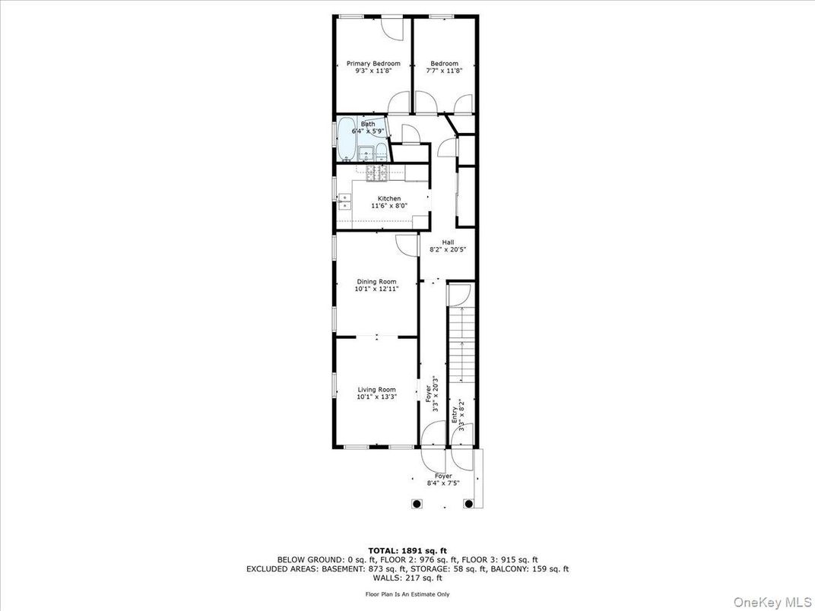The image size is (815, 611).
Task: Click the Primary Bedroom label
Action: click(x=373, y=63)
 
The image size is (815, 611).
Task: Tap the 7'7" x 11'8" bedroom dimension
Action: click(x=444, y=71)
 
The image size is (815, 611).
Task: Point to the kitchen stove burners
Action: click(x=376, y=174)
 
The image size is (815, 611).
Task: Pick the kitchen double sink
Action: click(x=344, y=201)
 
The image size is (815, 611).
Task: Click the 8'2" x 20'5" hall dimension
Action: click(x=448, y=249)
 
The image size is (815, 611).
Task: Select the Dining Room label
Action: click(x=376, y=281)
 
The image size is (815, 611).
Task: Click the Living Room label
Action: click(x=376, y=389)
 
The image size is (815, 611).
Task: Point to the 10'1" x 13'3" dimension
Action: click(x=376, y=397)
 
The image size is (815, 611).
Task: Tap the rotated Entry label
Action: click(x=455, y=415)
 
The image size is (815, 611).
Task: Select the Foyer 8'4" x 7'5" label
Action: click(x=442, y=480)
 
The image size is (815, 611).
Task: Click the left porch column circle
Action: click(x=416, y=503)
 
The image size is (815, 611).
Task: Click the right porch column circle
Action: click(x=468, y=503)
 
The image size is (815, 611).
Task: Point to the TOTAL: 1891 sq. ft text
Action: click(x=407, y=550)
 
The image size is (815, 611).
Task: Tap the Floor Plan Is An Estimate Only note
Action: click(x=407, y=594)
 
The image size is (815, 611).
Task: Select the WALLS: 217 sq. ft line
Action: click(x=407, y=578)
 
